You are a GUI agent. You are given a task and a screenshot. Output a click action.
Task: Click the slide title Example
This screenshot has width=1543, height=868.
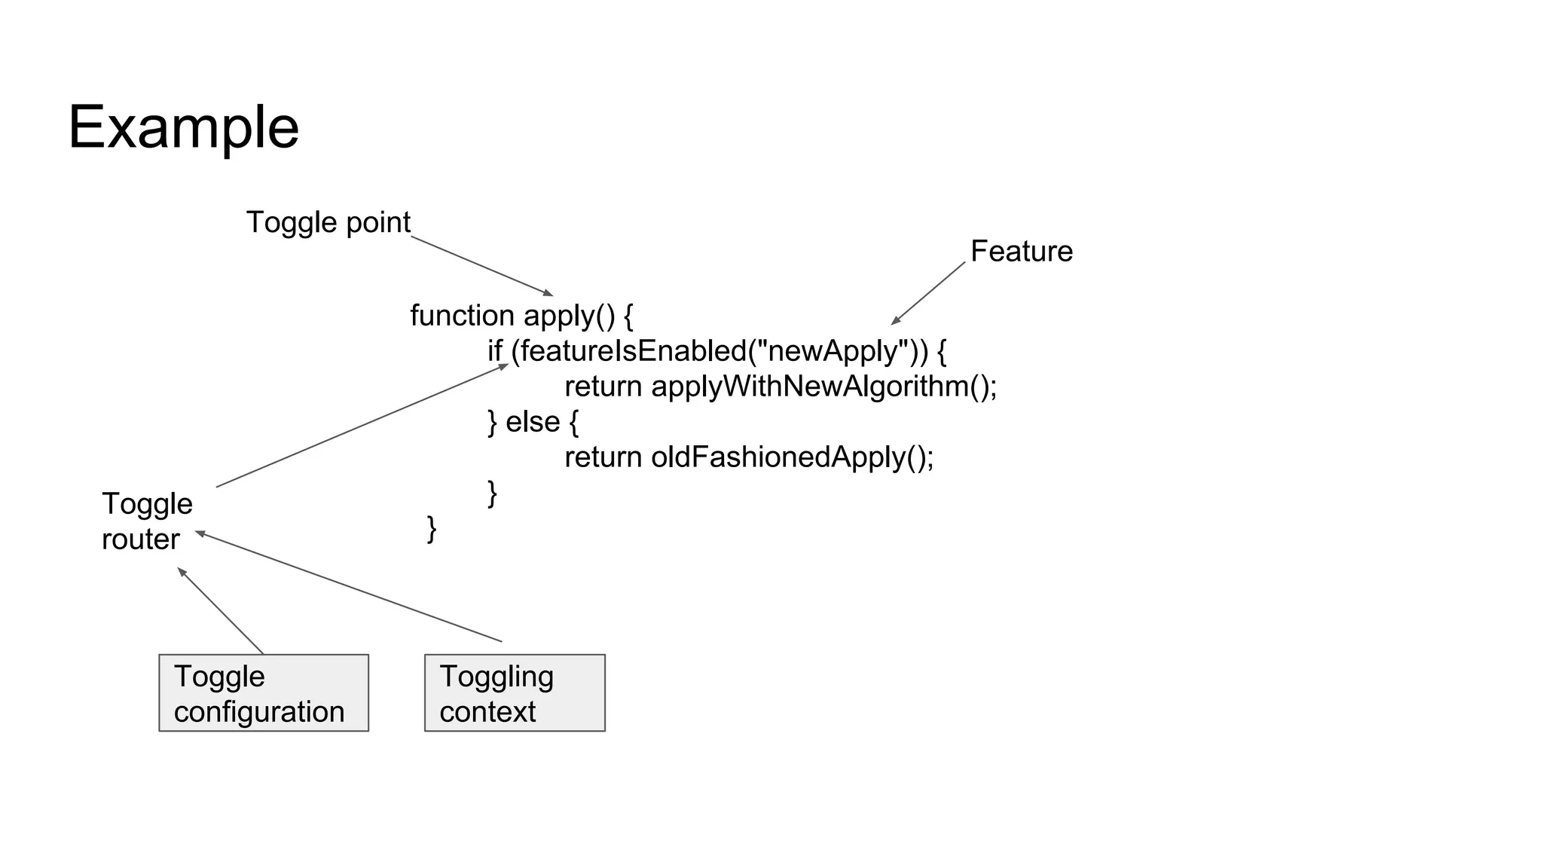pyautogui.click(x=183, y=128)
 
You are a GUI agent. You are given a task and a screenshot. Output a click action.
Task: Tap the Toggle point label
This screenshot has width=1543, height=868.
pyautogui.click(x=328, y=222)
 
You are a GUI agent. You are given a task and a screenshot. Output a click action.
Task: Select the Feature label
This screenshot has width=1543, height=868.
pyautogui.click(x=1021, y=251)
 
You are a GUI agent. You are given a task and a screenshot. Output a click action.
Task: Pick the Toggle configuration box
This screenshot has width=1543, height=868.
pyautogui.click(x=263, y=692)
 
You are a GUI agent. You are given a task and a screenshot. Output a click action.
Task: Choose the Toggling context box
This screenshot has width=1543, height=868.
pyautogui.click(x=515, y=692)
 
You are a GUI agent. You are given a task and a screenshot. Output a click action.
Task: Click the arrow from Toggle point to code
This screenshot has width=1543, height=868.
pyautogui.click(x=482, y=266)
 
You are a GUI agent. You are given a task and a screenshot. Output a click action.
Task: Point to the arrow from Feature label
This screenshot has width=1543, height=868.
pyautogui.click(x=928, y=293)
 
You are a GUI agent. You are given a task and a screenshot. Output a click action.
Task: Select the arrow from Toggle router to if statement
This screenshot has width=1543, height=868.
pyautogui.click(x=362, y=426)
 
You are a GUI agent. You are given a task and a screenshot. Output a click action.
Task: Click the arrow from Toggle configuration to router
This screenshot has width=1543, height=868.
pyautogui.click(x=221, y=610)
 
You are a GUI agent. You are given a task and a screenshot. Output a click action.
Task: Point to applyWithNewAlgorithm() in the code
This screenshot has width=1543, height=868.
pyautogui.click(x=823, y=387)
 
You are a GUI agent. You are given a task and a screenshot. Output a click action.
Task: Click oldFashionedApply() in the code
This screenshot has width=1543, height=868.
pyautogui.click(x=792, y=457)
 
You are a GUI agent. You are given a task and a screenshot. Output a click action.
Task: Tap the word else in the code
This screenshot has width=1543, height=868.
pyautogui.click(x=532, y=422)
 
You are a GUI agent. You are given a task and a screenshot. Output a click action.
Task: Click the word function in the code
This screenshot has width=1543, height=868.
pyautogui.click(x=462, y=316)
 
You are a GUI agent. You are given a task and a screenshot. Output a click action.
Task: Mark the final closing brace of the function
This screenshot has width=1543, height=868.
pyautogui.click(x=432, y=528)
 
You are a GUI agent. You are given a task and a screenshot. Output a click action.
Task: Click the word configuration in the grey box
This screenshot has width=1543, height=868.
pyautogui.click(x=259, y=712)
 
